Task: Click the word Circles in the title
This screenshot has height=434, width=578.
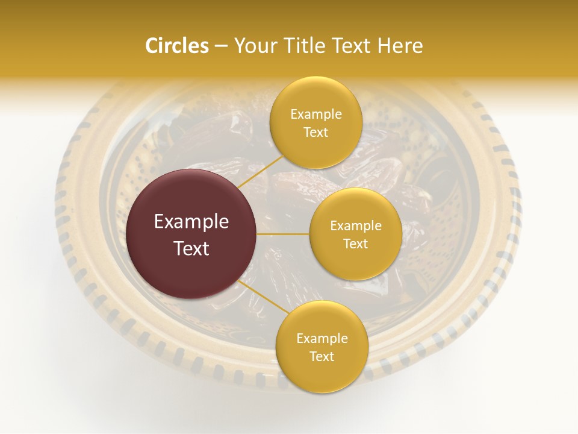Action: point(176,46)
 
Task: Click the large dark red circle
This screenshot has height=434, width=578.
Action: point(191,234)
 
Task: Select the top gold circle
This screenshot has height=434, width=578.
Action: point(316,122)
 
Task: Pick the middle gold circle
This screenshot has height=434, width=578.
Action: point(355,234)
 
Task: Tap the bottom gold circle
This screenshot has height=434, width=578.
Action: point(322,347)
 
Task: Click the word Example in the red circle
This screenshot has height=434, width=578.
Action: point(191,222)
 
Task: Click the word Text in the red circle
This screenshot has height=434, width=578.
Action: point(191,248)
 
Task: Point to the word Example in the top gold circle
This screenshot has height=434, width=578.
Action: point(316,115)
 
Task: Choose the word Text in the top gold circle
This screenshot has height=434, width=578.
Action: point(316,132)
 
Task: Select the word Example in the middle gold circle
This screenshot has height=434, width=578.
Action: point(355,226)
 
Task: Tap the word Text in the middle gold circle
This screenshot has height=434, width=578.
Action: point(355,244)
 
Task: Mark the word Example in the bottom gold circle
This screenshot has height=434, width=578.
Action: point(322,339)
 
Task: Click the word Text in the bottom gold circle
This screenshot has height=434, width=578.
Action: point(322,356)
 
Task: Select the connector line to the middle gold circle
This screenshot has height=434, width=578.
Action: point(283,234)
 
